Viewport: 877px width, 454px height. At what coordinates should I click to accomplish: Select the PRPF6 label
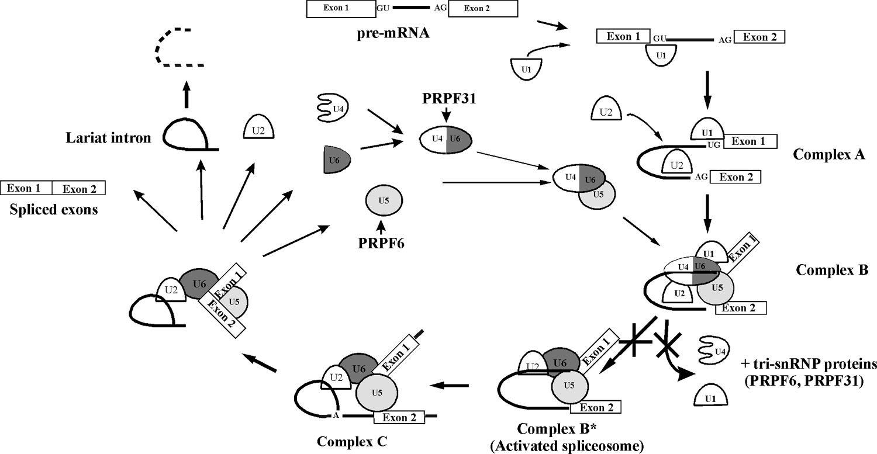[382, 240]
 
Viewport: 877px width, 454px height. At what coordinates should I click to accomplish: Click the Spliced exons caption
[53, 209]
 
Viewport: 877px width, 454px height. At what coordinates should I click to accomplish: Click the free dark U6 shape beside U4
[336, 159]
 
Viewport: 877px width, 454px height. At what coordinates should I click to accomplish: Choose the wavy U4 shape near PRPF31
[332, 109]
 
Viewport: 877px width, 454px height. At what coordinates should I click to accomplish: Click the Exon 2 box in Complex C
[397, 417]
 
